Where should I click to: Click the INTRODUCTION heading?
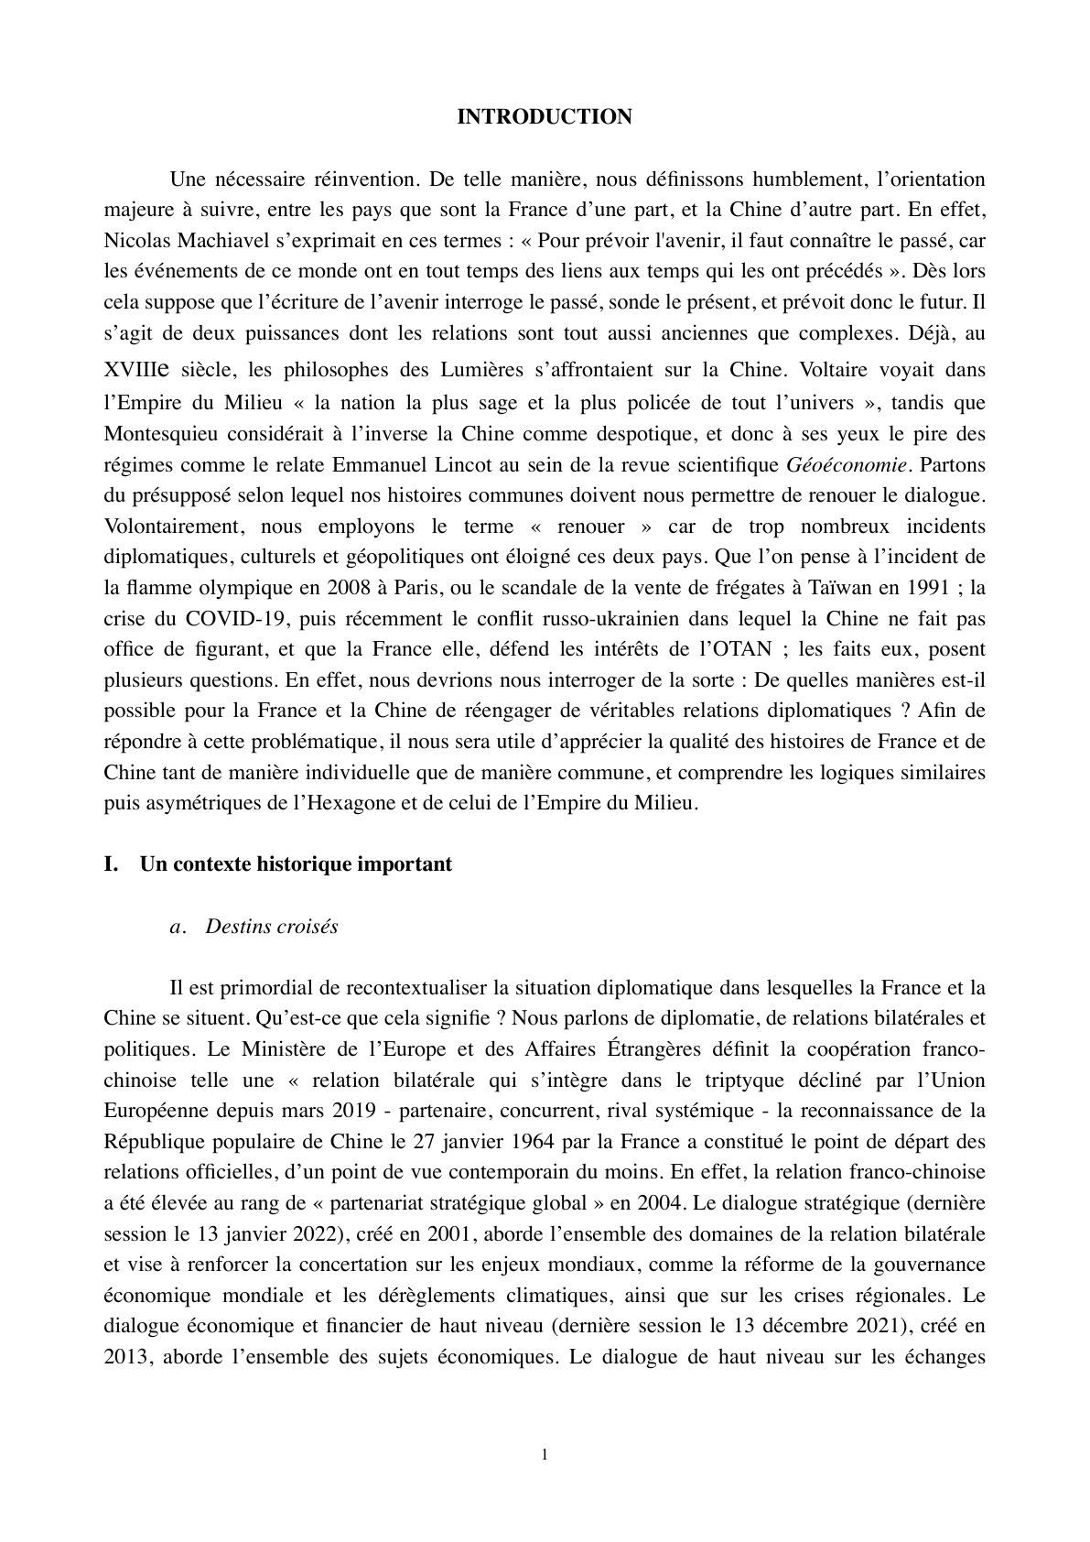(544, 117)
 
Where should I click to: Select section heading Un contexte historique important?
(296, 864)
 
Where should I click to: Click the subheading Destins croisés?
(272, 927)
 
